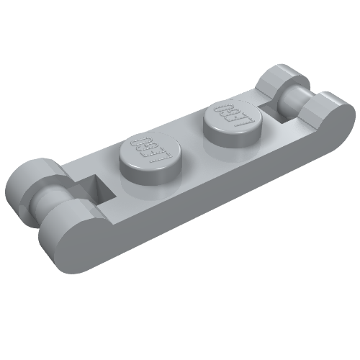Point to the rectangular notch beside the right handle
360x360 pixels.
tap(271, 108)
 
